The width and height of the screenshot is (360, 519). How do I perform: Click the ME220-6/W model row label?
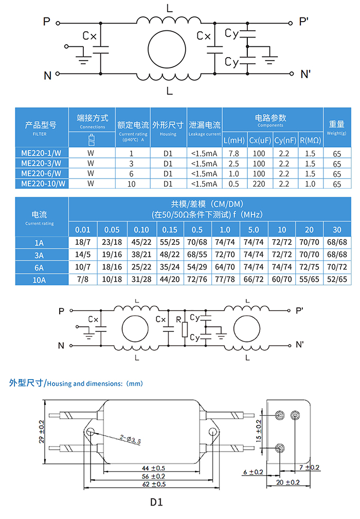point(42,173)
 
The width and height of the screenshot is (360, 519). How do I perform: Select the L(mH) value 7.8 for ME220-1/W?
point(234,154)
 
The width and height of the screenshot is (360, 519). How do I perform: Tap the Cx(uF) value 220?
point(259,184)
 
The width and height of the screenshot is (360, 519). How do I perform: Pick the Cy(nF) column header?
point(284,140)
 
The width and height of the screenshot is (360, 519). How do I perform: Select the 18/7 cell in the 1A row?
point(82,242)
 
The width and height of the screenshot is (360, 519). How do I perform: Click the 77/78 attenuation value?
point(225,279)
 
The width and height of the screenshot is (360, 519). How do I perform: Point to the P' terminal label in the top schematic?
point(304,22)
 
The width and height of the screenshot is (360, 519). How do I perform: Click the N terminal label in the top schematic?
point(47,76)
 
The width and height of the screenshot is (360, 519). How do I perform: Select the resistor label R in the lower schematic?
point(178,320)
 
